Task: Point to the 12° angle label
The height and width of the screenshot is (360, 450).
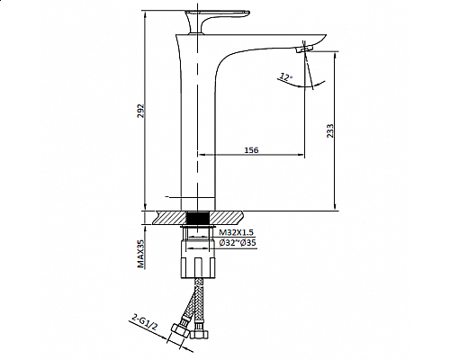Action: [x=285, y=76]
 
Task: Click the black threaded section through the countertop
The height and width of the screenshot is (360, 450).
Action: [x=199, y=218]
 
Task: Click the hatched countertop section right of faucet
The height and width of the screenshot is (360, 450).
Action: [x=229, y=218]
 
